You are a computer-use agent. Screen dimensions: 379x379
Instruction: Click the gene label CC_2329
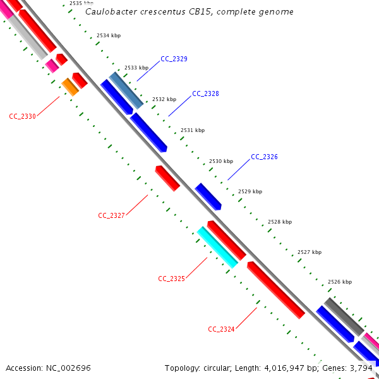(174, 59)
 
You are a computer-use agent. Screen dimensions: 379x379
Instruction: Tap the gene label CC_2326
(264, 157)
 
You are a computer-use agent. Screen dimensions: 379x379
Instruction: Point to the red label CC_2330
(22, 116)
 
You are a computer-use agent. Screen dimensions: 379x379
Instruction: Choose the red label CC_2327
(111, 215)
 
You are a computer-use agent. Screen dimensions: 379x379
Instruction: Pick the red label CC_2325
(171, 279)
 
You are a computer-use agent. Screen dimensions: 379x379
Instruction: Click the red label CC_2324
(221, 329)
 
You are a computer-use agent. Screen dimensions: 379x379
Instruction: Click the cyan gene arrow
(217, 247)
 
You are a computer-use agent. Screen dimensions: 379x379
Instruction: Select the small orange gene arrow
(70, 87)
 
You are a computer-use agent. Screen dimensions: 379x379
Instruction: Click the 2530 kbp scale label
(221, 161)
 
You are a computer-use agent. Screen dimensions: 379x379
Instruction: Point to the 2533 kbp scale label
(136, 68)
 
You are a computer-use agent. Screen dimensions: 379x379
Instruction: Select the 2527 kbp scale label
(310, 252)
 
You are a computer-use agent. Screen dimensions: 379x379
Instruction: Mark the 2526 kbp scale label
(339, 282)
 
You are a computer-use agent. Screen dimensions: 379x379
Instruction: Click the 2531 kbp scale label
(193, 130)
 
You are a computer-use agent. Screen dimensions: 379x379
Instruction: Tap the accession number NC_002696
(69, 368)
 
